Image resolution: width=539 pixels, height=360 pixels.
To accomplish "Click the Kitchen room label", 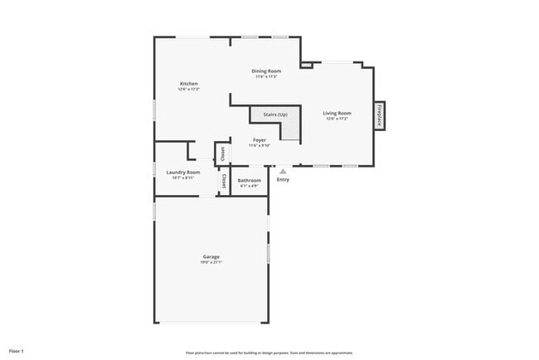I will (189, 84).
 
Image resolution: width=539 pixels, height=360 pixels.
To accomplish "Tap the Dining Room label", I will (266, 71).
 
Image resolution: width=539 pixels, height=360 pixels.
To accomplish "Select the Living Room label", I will (337, 113).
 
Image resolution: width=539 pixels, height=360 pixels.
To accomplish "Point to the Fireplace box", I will (380, 114).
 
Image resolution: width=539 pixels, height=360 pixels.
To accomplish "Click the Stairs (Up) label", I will (275, 114).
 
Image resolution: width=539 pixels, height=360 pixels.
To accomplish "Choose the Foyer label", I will (260, 140).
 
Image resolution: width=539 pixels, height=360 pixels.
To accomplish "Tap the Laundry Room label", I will (183, 172).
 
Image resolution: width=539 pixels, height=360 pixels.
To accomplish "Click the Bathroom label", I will (249, 180).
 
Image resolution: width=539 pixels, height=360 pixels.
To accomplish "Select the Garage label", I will (211, 256).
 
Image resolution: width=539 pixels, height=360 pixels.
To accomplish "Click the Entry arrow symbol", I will (282, 172).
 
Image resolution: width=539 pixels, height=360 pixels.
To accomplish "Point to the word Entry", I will (283, 179).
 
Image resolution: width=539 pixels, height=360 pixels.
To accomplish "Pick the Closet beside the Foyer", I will (221, 154).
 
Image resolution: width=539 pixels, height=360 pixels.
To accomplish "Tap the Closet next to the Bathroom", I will (224, 181).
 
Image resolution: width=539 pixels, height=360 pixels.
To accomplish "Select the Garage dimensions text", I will (211, 262).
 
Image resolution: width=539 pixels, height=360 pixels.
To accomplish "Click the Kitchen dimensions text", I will (189, 89).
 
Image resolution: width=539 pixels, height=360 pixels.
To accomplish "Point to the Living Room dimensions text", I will (337, 119).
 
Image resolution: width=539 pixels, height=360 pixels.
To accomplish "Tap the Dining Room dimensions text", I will (266, 77).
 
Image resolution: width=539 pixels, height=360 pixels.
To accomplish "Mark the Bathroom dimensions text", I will (249, 186).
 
